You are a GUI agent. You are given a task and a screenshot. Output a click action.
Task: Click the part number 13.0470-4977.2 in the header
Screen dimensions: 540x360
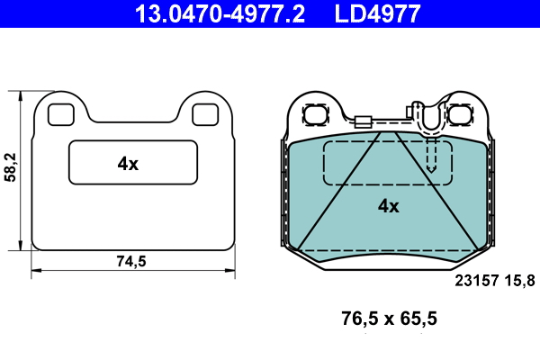(220, 13)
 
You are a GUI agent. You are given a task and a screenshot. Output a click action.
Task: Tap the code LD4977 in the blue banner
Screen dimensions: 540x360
(377, 13)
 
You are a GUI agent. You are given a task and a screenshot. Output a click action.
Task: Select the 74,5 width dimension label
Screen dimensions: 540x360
(131, 261)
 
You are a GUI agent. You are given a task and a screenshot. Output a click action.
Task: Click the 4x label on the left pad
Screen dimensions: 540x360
(128, 164)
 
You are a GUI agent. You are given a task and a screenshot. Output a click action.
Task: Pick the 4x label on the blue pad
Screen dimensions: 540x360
(389, 206)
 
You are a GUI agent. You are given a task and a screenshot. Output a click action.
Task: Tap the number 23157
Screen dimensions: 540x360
(477, 281)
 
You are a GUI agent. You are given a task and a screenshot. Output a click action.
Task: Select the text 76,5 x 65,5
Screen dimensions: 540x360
(389, 319)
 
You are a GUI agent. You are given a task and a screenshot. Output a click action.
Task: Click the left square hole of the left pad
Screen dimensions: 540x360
(61, 114)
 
